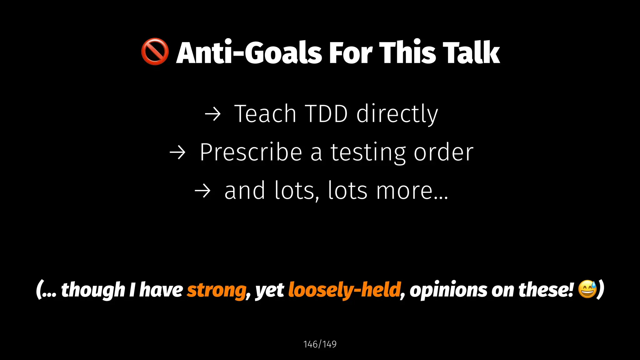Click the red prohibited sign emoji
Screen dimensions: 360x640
155,52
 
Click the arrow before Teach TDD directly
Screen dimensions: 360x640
212,114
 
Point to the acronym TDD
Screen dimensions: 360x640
326,114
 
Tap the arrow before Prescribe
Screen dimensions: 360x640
177,153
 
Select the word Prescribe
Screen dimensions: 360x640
251,152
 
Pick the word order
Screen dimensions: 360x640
443,152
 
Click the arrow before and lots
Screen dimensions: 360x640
202,191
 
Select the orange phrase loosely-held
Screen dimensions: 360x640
344,290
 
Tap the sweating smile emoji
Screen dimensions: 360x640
587,289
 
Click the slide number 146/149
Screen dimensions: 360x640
320,344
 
